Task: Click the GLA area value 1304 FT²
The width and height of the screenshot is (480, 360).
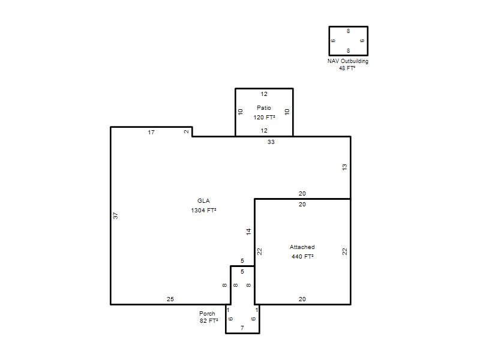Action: tap(203, 211)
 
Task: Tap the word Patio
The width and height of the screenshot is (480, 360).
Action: tap(264, 108)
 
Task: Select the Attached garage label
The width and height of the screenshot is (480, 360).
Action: tap(302, 247)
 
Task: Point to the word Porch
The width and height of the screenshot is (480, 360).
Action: tap(207, 313)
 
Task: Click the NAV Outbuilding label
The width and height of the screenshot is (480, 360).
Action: tap(348, 61)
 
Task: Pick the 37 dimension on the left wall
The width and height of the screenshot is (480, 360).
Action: tap(115, 215)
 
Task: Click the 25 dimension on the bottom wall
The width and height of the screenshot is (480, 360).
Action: tap(170, 299)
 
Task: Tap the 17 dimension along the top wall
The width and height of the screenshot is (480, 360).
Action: tap(151, 132)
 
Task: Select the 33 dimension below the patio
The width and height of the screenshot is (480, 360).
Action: tap(271, 142)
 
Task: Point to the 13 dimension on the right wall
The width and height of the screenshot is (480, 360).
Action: tap(344, 167)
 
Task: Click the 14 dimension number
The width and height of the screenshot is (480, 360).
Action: tap(248, 232)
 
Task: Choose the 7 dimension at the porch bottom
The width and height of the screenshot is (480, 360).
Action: tap(242, 328)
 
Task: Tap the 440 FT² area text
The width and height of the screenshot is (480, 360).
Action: tap(302, 257)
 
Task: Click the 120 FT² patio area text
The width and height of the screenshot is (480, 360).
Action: tap(264, 117)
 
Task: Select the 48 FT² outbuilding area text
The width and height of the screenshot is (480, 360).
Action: tap(347, 68)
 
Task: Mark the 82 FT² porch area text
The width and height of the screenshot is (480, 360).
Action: tap(209, 321)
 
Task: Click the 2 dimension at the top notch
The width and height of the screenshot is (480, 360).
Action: tap(187, 131)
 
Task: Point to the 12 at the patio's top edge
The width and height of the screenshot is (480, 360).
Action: tap(264, 94)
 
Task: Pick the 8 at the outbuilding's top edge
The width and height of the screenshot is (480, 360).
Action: tap(349, 31)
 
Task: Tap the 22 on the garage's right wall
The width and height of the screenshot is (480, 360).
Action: tap(344, 251)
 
